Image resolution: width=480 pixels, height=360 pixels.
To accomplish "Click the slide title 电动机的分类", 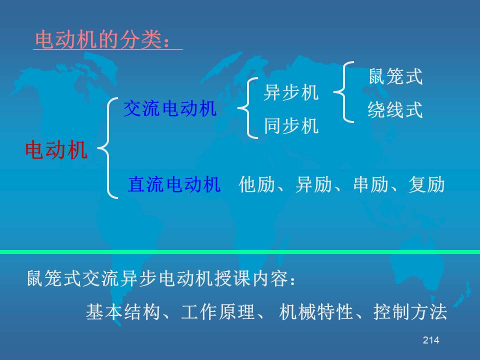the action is (x=98, y=40).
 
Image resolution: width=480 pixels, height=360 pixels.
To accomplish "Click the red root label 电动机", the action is (x=56, y=150).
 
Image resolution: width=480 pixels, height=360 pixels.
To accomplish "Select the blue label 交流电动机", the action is (x=170, y=108).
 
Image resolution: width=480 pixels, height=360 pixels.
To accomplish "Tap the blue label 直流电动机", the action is (x=174, y=184).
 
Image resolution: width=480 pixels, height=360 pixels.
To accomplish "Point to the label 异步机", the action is (x=291, y=92).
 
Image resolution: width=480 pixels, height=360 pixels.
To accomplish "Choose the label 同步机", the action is (x=291, y=125).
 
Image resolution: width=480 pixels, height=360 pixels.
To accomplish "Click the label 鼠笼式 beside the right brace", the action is (x=395, y=76).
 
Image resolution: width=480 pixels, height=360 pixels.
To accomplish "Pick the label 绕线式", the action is (x=395, y=109).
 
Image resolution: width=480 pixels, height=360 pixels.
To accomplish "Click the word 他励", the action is (x=256, y=184).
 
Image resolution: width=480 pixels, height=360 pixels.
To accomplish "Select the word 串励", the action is (x=370, y=184).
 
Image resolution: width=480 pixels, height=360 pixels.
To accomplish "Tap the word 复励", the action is (x=426, y=184).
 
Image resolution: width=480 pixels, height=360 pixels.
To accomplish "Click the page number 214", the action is (x=431, y=340).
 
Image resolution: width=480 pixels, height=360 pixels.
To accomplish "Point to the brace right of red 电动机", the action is (x=103, y=148).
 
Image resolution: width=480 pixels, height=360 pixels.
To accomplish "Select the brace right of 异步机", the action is (x=339, y=92).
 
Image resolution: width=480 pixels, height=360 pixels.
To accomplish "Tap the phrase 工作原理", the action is (x=217, y=312).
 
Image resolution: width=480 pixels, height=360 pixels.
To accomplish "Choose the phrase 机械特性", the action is (x=316, y=312).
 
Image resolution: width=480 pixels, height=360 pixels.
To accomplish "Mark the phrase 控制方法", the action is (x=410, y=312).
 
